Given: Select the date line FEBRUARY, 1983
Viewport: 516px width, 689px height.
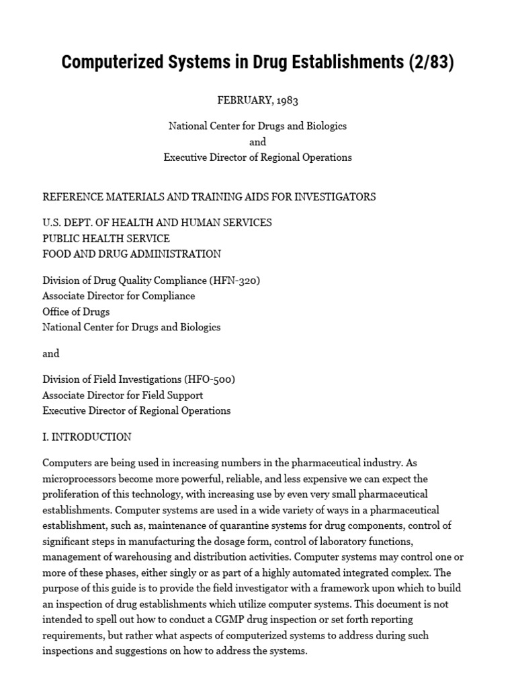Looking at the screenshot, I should click(257, 100).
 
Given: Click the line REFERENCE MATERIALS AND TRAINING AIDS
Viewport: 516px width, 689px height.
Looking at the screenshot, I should click(209, 197).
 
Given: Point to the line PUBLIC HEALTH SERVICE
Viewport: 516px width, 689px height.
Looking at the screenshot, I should click(106, 238).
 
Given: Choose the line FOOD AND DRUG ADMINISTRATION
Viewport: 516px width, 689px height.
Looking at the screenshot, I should click(132, 254).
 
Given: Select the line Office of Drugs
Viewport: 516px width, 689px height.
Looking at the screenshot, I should click(76, 312).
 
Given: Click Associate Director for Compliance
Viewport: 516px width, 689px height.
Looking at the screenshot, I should click(119, 296).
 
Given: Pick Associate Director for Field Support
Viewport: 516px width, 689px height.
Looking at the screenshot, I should click(123, 395).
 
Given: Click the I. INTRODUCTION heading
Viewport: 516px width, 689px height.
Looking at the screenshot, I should click(87, 437).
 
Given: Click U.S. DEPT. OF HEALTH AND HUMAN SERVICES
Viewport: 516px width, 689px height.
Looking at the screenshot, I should click(157, 223).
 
